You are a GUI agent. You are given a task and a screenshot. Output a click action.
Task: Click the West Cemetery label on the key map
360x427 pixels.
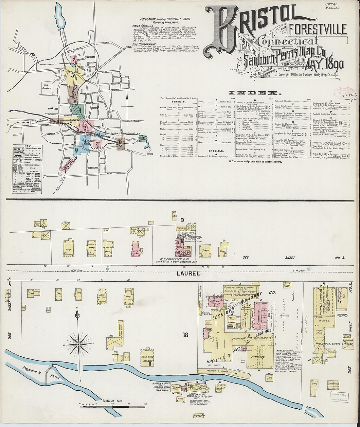(48, 86)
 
